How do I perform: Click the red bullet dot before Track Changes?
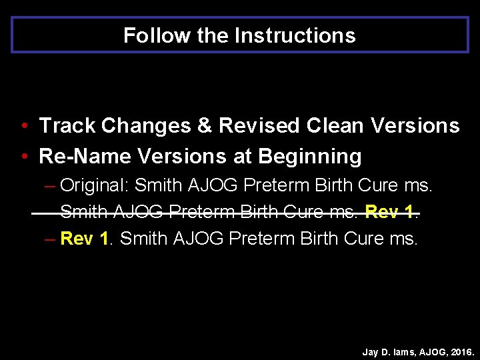pyautogui.click(x=23, y=126)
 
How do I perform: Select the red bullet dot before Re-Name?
pyautogui.click(x=23, y=157)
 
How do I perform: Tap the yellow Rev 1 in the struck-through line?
pyautogui.click(x=390, y=212)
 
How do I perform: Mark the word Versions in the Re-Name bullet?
pyautogui.click(x=182, y=156)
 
